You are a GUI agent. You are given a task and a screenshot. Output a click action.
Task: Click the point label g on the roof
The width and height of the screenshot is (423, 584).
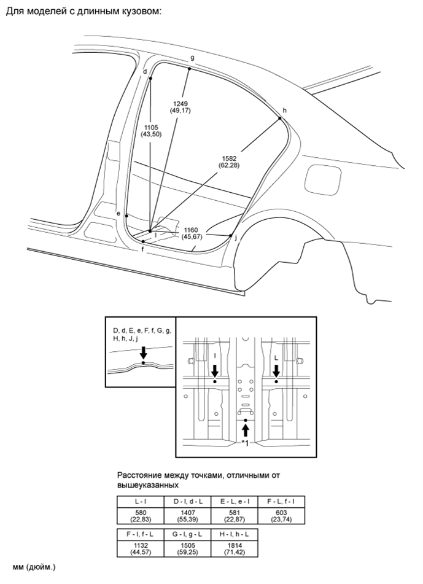[192, 58]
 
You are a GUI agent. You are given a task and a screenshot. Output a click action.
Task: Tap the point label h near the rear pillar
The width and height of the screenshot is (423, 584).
[284, 111]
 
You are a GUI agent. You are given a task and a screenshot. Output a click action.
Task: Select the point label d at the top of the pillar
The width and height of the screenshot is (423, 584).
[145, 72]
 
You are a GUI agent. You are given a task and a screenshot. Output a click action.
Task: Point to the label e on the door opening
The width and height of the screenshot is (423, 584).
[118, 213]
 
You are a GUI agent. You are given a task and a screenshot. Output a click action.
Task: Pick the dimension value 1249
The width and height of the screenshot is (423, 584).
[180, 103]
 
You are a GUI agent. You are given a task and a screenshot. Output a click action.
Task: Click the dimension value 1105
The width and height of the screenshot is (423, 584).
[151, 127]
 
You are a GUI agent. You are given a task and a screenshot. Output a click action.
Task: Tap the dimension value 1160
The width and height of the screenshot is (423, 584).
[191, 229]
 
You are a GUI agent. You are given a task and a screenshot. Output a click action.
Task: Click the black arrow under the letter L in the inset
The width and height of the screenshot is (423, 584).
[276, 370]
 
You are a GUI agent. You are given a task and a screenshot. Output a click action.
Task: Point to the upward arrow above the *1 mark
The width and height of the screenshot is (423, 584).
[246, 429]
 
